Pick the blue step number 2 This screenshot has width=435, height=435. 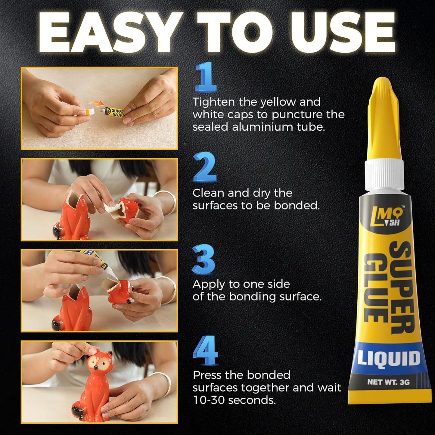(205, 167)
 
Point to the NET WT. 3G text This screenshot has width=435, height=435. (388, 382)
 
